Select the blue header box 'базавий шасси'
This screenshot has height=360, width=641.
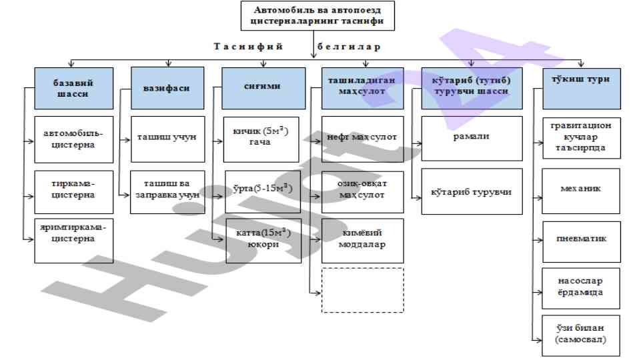[x=73, y=89]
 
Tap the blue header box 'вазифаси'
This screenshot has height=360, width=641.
[x=167, y=89]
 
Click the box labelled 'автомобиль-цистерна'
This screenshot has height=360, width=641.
[x=73, y=139]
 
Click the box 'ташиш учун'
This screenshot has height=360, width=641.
[x=167, y=139]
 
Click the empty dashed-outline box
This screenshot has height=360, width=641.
[x=362, y=290]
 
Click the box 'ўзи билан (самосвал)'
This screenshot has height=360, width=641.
[x=581, y=335]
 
